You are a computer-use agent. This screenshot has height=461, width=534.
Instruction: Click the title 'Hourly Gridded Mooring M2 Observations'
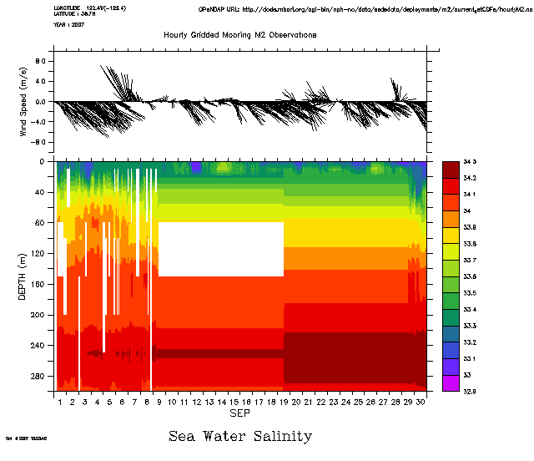[x=239, y=34]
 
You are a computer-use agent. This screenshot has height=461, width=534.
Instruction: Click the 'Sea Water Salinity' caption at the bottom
[x=240, y=436]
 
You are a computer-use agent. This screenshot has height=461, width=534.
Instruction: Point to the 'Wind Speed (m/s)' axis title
[x=24, y=101]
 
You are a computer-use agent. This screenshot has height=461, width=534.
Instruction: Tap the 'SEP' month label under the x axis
[x=240, y=414]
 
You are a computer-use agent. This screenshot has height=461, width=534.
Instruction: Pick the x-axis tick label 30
[x=421, y=403]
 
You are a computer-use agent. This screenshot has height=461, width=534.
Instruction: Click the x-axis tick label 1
[x=60, y=403]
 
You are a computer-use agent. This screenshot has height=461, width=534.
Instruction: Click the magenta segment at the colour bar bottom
[x=451, y=382]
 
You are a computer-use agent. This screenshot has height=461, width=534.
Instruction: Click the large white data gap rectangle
[x=221, y=249]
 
